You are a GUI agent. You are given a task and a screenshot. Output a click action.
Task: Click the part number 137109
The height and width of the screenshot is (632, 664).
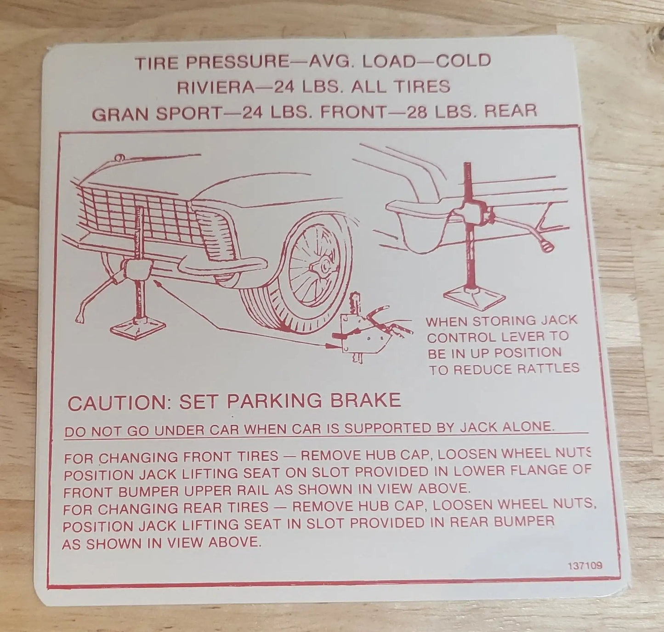585,565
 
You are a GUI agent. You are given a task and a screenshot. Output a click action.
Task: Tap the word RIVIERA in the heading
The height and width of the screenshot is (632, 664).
215,87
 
